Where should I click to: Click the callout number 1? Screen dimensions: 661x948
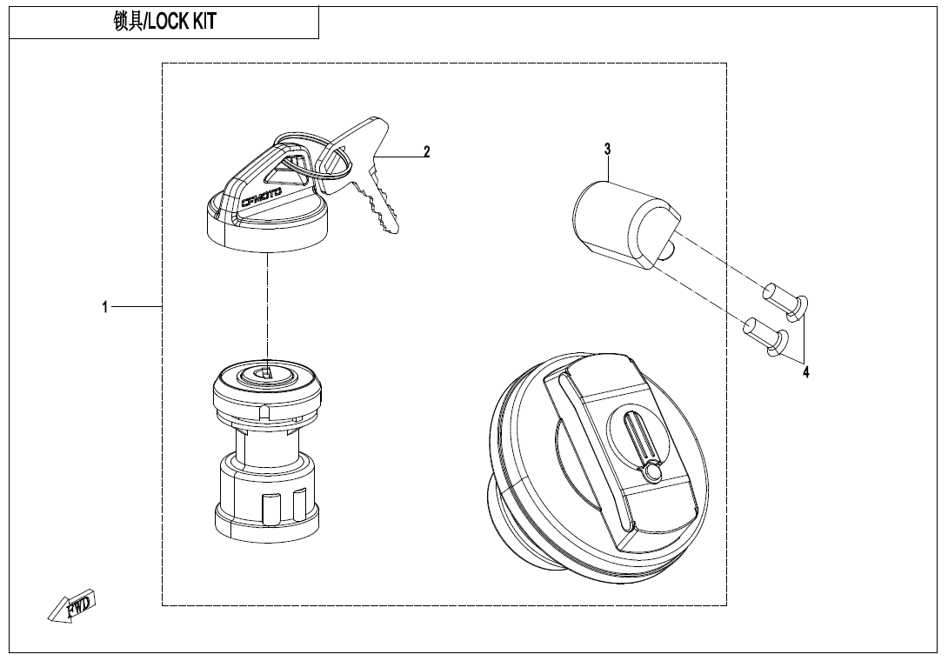105,307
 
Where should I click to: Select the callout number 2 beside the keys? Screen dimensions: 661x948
427,151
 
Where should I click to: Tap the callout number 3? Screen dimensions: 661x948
608,150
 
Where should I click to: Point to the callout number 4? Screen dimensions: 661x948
806,372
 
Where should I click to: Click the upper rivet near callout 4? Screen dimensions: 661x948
786,297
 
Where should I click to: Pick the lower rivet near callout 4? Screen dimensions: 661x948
766,333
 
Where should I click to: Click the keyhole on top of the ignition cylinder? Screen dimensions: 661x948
265,374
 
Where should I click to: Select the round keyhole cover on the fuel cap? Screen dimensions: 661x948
652,471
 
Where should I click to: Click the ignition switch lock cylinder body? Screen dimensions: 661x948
265,452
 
